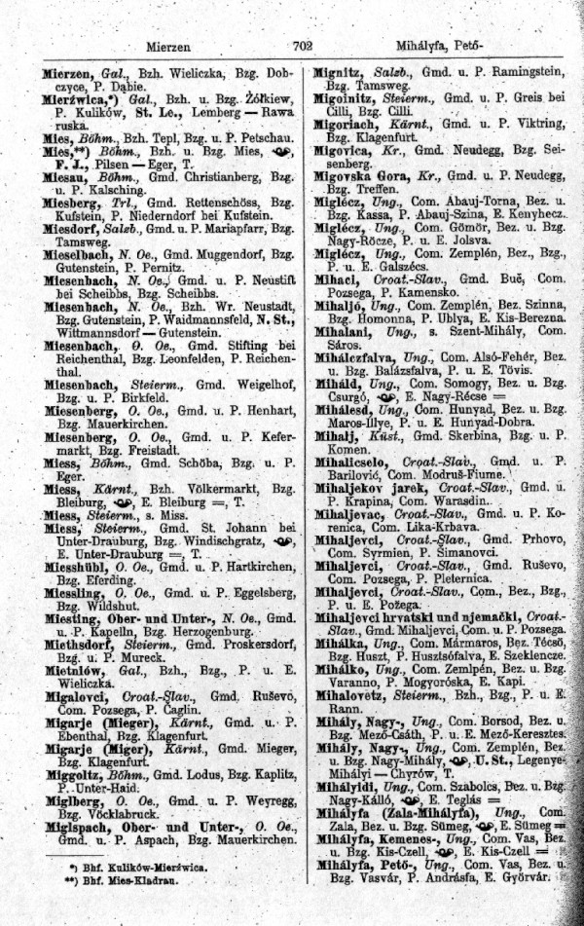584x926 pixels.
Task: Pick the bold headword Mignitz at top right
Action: pos(338,72)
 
